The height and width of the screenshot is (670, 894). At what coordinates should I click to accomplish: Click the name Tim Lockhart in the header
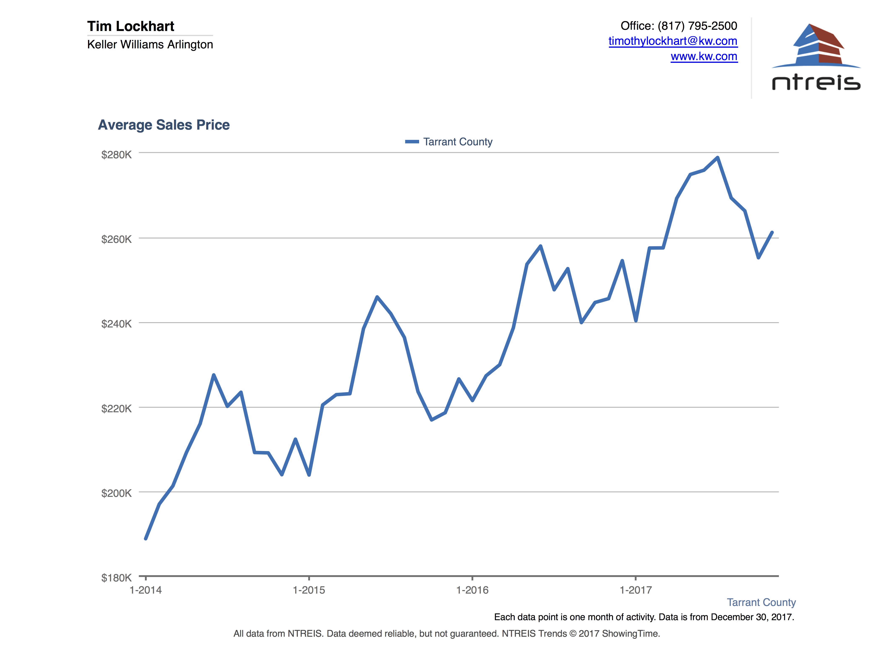(131, 26)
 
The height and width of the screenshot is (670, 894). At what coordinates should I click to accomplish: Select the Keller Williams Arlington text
(150, 44)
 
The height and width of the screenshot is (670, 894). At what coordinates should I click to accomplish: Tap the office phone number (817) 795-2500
(697, 26)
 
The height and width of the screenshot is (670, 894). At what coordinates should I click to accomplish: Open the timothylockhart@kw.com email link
(673, 41)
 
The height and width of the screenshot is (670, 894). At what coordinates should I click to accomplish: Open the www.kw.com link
(704, 57)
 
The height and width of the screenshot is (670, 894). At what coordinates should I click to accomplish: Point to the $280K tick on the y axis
(116, 155)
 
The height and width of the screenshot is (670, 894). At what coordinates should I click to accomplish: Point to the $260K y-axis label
(116, 239)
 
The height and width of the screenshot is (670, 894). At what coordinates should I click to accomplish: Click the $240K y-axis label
(116, 324)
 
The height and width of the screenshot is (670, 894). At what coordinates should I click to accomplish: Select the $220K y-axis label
(116, 408)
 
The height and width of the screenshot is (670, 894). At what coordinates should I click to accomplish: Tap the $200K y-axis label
(116, 493)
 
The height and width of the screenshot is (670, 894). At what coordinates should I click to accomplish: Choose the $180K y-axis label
(116, 577)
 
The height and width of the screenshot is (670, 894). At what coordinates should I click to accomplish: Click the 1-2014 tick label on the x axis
(145, 590)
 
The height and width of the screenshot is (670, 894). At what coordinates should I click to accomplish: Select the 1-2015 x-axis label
(309, 590)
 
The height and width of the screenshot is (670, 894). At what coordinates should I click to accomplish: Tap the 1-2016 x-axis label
(472, 590)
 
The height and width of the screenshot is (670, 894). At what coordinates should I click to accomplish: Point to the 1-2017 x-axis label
(636, 590)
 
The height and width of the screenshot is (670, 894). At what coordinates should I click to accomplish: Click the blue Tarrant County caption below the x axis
(761, 602)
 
